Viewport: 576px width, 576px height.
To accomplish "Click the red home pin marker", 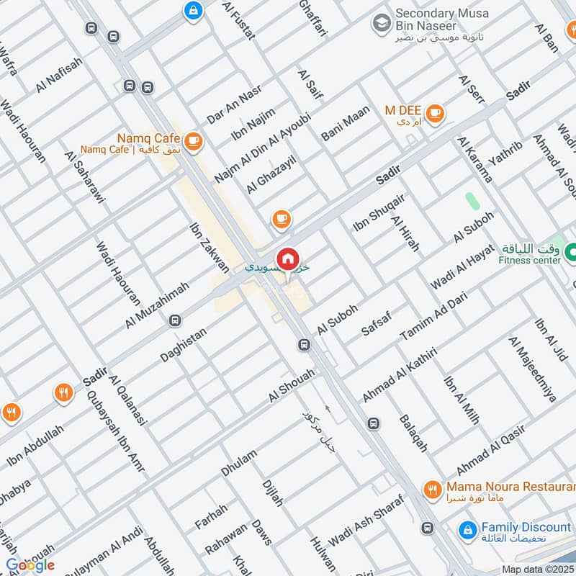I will click(287, 259).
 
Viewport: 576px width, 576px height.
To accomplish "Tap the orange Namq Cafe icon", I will click(192, 142).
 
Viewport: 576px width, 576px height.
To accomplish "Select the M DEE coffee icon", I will click(434, 113).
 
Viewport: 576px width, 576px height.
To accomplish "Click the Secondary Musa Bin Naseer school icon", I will click(380, 23).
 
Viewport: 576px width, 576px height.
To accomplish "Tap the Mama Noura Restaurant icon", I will click(432, 490).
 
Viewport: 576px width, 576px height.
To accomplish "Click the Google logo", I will click(30, 564).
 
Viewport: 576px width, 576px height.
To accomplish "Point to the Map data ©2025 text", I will click(536, 569).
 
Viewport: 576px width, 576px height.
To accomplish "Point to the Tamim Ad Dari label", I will click(428, 319).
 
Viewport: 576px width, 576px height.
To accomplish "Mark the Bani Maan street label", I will click(346, 122).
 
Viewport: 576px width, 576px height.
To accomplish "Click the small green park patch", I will click(472, 201).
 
